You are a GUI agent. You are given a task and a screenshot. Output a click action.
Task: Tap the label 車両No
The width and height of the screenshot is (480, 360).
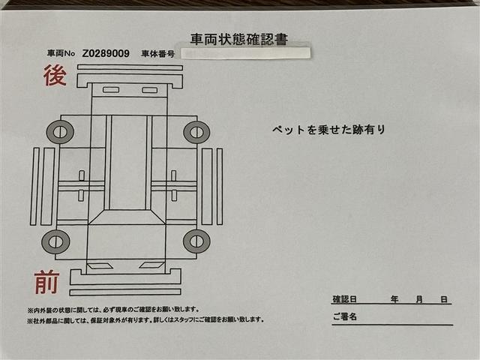(61, 54)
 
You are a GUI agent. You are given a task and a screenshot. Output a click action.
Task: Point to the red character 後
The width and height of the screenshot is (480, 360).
(55, 75)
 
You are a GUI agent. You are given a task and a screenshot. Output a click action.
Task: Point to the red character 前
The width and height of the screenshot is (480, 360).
(46, 283)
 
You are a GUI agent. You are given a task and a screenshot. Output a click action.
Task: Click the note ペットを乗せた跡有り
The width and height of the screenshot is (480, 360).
(328, 130)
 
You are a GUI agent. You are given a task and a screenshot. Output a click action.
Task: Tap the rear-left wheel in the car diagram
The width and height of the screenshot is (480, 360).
(59, 133)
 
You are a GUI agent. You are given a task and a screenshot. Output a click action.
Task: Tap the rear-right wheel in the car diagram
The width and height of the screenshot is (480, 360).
(196, 132)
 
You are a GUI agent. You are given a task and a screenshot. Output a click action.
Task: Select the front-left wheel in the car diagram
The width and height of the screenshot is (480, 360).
(55, 241)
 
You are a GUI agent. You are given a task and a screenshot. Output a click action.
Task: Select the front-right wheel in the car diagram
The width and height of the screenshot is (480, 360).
(196, 241)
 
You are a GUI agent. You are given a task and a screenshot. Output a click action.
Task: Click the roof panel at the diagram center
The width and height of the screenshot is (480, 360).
(127, 161)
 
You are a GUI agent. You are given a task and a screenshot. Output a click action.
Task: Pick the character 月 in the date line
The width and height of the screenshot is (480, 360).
(419, 299)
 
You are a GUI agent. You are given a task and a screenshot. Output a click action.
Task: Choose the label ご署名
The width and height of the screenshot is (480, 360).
(345, 317)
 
